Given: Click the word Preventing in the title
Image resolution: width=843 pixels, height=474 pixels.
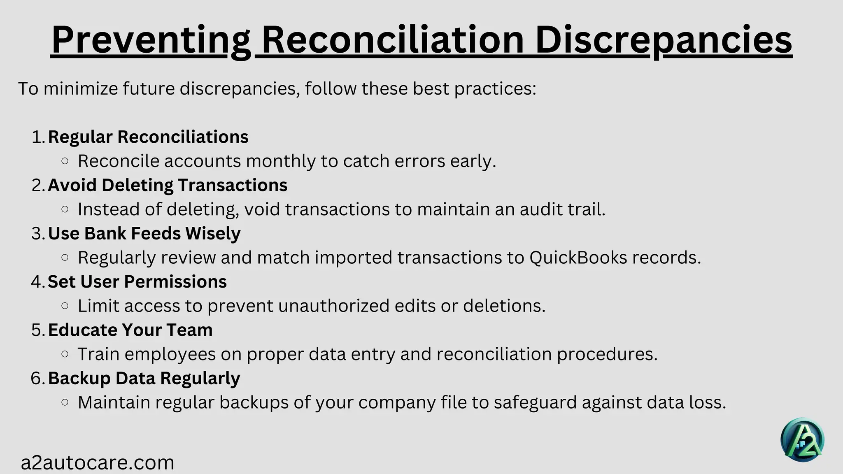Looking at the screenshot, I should [x=151, y=40].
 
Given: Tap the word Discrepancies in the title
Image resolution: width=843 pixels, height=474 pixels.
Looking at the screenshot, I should [x=664, y=40].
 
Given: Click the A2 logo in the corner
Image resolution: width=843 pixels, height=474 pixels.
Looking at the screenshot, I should [x=802, y=440].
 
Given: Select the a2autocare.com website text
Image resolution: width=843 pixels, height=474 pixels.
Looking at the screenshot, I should [x=98, y=462].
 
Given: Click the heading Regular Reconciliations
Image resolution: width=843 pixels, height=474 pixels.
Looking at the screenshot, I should [x=148, y=137].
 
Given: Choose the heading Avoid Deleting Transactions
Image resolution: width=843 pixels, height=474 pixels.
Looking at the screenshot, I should [x=168, y=185].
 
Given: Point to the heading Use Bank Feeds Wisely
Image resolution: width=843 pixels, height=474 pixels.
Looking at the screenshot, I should [x=144, y=233].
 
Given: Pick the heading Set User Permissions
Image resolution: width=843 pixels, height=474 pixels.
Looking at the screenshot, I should [x=137, y=282].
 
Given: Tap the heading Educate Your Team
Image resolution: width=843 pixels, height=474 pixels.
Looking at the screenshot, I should [x=130, y=330].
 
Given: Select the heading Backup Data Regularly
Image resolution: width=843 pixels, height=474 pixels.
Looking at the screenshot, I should [x=144, y=378].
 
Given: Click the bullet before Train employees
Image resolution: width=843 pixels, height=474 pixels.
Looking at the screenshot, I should [x=65, y=354].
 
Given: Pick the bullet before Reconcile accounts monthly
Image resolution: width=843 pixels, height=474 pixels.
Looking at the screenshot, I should [x=65, y=161].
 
